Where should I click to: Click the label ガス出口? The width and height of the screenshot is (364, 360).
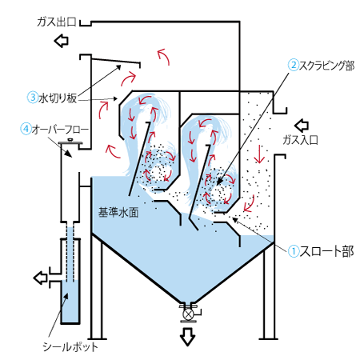click(57, 22)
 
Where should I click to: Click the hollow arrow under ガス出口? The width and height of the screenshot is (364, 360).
click(62, 41)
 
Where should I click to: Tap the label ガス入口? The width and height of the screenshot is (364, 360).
click(301, 140)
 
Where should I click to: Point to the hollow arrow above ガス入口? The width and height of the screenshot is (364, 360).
click(302, 126)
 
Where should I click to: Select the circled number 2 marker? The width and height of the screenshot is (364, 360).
click(294, 65)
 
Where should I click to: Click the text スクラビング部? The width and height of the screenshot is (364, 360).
click(327, 66)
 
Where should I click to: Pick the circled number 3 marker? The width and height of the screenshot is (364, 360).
click(33, 97)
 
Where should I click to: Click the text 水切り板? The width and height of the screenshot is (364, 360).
click(58, 98)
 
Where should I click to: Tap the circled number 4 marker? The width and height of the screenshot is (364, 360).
click(26, 129)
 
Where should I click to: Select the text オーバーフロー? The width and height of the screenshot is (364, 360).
click(60, 130)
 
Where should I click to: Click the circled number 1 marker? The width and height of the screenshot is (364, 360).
click(294, 251)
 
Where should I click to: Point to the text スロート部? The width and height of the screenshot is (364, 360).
click(327, 251)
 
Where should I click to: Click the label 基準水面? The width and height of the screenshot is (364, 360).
click(118, 213)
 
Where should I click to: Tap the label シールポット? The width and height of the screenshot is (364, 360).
click(70, 347)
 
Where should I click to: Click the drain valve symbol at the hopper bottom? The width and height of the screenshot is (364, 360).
click(188, 314)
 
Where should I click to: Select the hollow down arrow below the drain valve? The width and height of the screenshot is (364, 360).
click(187, 337)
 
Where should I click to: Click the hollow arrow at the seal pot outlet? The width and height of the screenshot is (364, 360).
click(41, 278)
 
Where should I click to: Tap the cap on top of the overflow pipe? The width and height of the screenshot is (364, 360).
click(70, 142)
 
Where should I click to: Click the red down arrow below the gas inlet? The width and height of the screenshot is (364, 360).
click(259, 154)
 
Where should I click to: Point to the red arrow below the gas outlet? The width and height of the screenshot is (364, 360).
click(163, 56)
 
